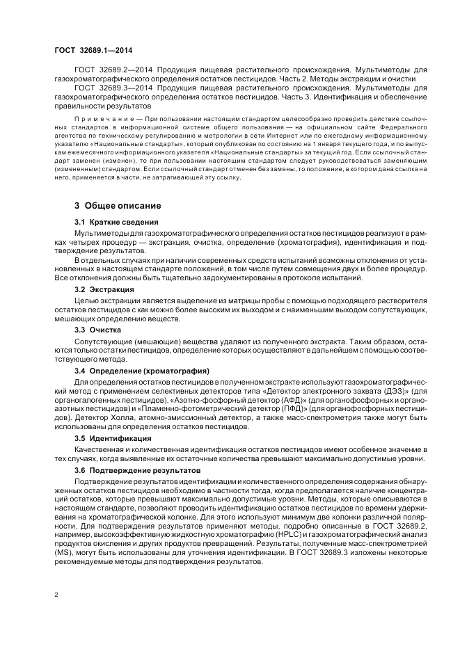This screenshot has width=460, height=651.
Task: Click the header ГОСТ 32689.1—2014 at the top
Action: pos(93,50)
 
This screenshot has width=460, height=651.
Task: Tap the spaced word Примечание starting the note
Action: pos(98,120)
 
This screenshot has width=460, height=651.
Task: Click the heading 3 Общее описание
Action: pos(118,206)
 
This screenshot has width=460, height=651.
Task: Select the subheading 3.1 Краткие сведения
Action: pos(109,222)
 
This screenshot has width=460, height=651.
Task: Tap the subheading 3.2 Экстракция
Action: pos(99,288)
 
